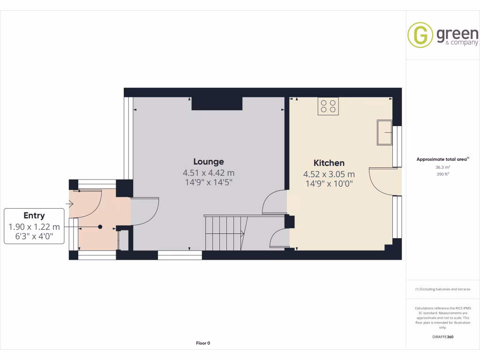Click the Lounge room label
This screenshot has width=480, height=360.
(209, 162)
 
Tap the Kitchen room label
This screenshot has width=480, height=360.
(329, 163)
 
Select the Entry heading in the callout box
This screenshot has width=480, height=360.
(34, 216)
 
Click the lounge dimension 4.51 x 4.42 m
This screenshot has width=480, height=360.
(209, 173)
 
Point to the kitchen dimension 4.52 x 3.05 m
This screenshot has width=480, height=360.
(329, 174)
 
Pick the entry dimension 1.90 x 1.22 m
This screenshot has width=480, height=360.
(34, 227)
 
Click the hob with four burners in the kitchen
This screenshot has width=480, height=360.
(328, 106)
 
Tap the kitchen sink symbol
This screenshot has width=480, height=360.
(385, 133)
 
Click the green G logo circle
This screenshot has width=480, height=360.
(420, 35)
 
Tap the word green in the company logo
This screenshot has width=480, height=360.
(457, 34)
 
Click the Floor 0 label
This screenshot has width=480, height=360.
(203, 343)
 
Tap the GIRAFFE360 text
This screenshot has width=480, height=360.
(443, 337)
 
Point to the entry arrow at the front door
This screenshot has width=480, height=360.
(71, 204)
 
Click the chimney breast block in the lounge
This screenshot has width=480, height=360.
(217, 104)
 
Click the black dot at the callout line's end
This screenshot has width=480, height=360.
(100, 227)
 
